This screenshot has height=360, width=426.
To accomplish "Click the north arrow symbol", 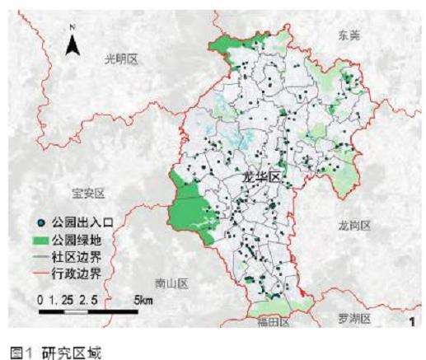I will (x=73, y=45).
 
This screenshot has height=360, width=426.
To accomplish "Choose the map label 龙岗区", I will (x=355, y=225).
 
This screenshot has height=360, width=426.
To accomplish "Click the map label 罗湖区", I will (x=356, y=318).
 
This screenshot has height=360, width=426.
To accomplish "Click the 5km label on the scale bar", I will (x=143, y=301).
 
